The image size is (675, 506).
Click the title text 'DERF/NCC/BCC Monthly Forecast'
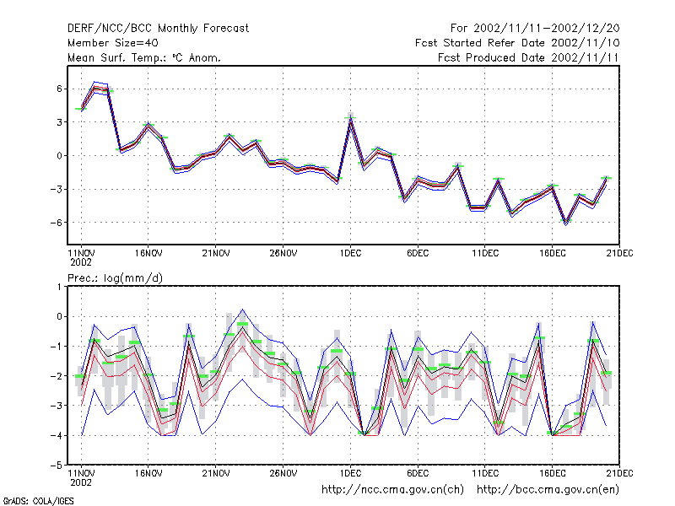[158, 29]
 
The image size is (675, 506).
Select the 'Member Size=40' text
[113, 43]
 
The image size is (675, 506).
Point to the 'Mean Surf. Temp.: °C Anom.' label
[143, 57]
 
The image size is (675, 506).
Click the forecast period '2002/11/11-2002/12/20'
[546, 29]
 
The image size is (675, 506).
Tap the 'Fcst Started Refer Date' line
[480, 43]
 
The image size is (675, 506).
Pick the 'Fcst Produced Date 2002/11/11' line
[528, 57]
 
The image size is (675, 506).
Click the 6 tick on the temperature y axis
[59, 89]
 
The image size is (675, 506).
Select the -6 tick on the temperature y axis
[56, 223]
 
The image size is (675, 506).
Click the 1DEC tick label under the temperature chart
[350, 253]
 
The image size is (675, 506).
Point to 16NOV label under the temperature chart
[148, 253]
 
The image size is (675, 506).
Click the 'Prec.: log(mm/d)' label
[115, 278]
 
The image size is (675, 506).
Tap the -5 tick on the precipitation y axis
[56, 466]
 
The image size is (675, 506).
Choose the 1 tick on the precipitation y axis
[59, 287]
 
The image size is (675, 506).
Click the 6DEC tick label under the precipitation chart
[418, 473]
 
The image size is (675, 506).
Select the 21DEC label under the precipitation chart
[619, 473]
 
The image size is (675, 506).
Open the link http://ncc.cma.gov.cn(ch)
[392, 490]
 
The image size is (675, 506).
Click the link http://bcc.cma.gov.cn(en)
[548, 490]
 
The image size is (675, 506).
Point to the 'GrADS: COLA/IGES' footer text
[38, 501]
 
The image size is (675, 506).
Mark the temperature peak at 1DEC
[350, 119]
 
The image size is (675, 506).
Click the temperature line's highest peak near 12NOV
[94, 86]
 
